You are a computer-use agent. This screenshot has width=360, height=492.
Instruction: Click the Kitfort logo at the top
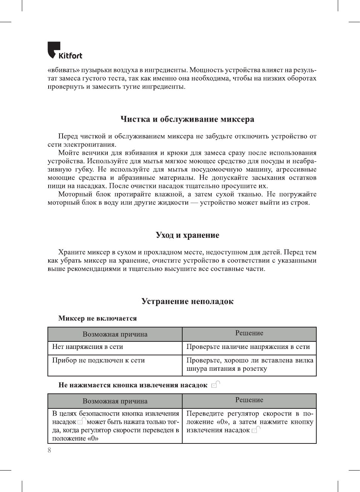pyautogui.click(x=64, y=51)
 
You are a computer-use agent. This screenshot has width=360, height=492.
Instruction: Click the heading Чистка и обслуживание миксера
pyautogui.click(x=187, y=119)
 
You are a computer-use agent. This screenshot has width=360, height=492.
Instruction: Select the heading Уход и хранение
pyautogui.click(x=187, y=235)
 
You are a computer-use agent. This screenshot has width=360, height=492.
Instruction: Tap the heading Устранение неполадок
pyautogui.click(x=187, y=302)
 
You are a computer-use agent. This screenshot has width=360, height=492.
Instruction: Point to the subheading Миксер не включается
pyautogui.click(x=98, y=318)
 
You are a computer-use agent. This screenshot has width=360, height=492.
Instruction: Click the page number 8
pyautogui.click(x=49, y=450)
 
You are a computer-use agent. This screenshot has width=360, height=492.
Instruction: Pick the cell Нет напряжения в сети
pyautogui.click(x=88, y=347)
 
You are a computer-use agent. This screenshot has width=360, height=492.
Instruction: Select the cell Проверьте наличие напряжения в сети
pyautogui.click(x=248, y=347)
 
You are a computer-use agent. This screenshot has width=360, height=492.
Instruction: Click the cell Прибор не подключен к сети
pyautogui.click(x=98, y=360)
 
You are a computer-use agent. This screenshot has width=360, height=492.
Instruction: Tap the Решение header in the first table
pyautogui.click(x=249, y=333)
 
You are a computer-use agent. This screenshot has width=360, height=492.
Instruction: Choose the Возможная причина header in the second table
pyautogui.click(x=115, y=401)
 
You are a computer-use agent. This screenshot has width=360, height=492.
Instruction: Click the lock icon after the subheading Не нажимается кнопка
pyautogui.click(x=215, y=384)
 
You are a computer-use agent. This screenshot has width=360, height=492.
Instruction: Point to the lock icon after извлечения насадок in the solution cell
pyautogui.click(x=256, y=430)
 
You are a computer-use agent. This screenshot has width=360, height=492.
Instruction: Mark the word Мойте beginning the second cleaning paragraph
pyautogui.click(x=68, y=153)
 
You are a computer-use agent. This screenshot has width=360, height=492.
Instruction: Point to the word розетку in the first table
pyautogui.click(x=255, y=369)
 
